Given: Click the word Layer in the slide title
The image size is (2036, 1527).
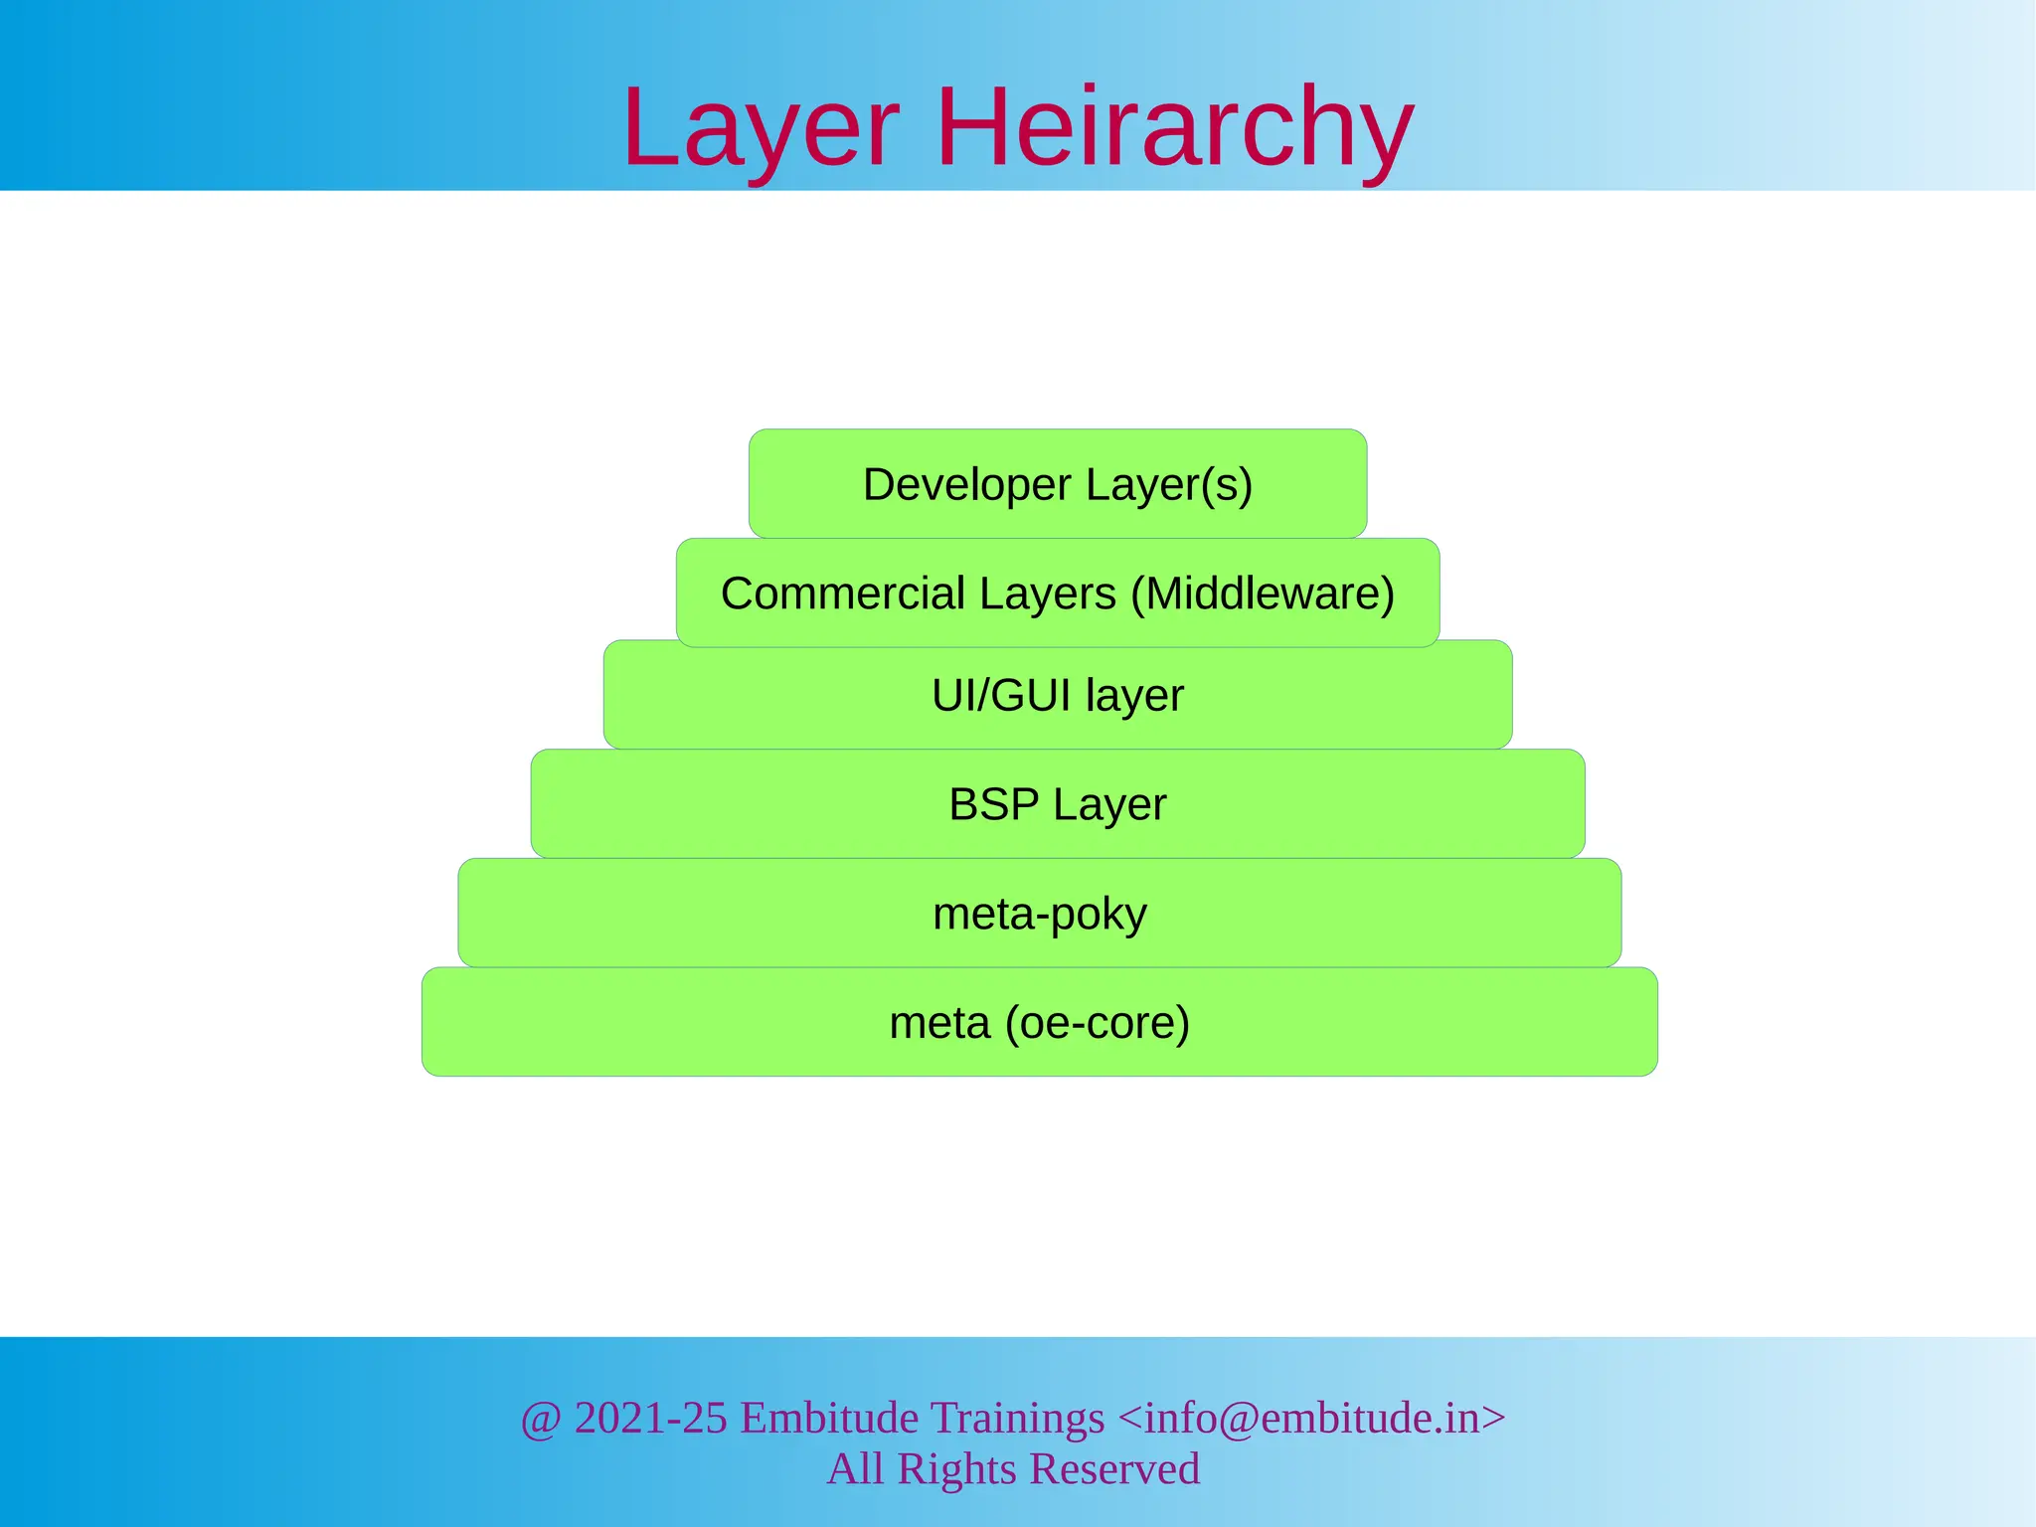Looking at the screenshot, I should (x=761, y=129).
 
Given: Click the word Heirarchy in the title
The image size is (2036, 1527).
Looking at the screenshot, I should (x=1175, y=129).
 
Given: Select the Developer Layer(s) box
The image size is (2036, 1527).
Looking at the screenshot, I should (x=1058, y=484).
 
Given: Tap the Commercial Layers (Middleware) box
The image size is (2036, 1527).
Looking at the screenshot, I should (x=1058, y=594).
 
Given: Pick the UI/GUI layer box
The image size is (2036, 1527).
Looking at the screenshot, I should (x=1058, y=696).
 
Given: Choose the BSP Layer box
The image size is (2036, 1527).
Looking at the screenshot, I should (x=1058, y=804).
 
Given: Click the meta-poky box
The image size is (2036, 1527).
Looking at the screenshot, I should (x=1040, y=914).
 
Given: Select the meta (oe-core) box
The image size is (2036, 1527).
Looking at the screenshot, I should (x=1040, y=1023).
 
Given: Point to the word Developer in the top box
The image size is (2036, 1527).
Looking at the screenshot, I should (x=967, y=485).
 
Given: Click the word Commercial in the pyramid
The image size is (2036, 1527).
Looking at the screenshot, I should (x=843, y=594).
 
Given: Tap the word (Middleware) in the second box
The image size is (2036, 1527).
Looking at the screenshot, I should (x=1263, y=594).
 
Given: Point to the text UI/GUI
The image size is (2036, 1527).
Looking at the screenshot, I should (x=1001, y=696).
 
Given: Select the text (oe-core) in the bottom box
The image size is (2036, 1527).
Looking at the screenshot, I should (x=1097, y=1023).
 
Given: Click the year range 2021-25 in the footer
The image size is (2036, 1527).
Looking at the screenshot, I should (x=651, y=1418).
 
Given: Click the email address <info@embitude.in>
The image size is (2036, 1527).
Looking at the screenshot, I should (x=1311, y=1418).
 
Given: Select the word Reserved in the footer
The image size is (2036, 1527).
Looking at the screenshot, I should (x=1114, y=1469).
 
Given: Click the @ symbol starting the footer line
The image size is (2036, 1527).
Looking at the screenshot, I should (x=541, y=1419).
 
